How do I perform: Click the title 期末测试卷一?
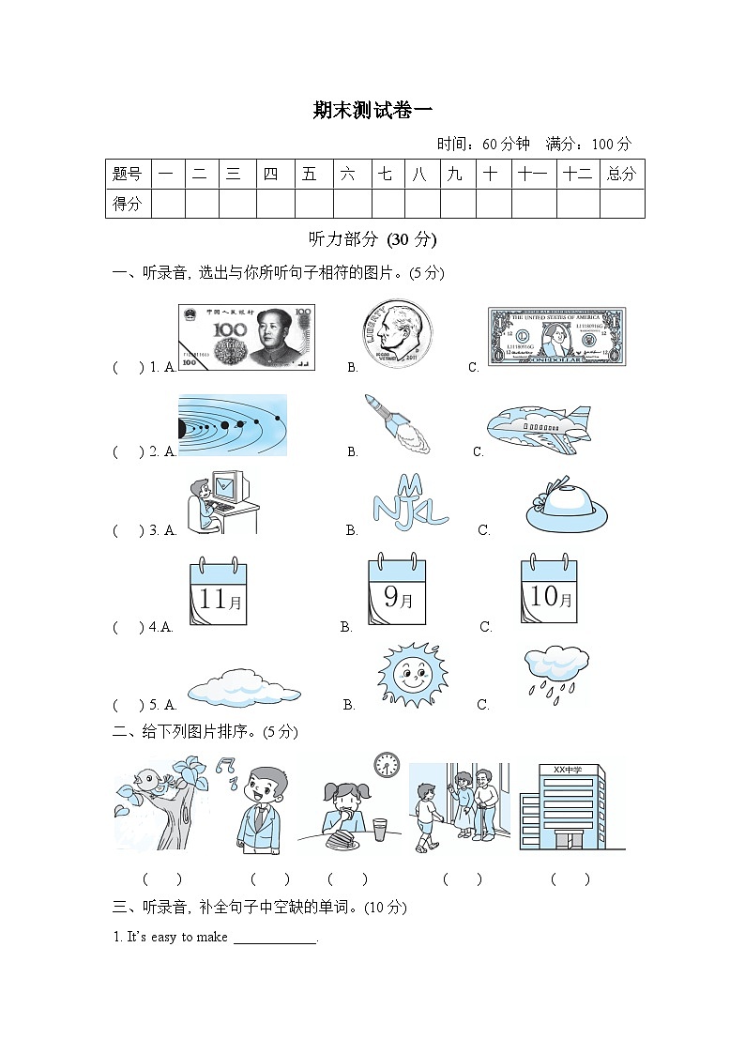pyautogui.click(x=372, y=111)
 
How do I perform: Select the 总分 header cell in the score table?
pyautogui.click(x=621, y=174)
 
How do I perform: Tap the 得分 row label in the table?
pyautogui.click(x=128, y=204)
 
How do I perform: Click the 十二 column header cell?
pyautogui.click(x=577, y=174)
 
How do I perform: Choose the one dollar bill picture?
pyautogui.click(x=555, y=336)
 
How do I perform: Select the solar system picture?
pyautogui.click(x=233, y=425)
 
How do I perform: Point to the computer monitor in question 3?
pyautogui.click(x=229, y=487)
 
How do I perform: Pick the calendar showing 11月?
pyautogui.click(x=218, y=593)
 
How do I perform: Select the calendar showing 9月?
pyautogui.click(x=396, y=591)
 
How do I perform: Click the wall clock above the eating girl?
pyautogui.click(x=387, y=765)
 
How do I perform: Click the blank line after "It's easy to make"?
pyautogui.click(x=275, y=938)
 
